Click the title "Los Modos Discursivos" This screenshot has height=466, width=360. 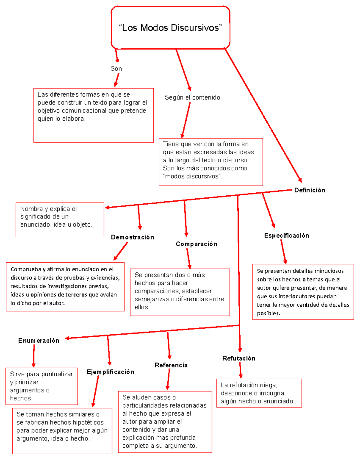(x=170, y=28)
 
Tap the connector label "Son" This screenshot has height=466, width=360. (x=116, y=69)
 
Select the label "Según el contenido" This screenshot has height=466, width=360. (x=192, y=98)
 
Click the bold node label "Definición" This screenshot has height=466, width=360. (x=310, y=190)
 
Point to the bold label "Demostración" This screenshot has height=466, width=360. (x=133, y=237)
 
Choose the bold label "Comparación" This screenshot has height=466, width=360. (x=196, y=244)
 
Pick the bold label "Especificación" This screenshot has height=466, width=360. (x=286, y=236)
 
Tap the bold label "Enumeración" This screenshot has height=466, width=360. (x=39, y=341)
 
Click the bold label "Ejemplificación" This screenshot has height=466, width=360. (x=110, y=372)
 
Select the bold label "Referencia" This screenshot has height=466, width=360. (x=171, y=365)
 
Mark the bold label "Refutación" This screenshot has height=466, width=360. (x=239, y=358)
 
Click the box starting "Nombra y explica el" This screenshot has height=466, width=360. (x=60, y=220)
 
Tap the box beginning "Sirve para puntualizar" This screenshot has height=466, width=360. (x=42, y=386)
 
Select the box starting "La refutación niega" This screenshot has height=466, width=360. (x=259, y=393)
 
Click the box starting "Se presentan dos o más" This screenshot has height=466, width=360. (x=180, y=292)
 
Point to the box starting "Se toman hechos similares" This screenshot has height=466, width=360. (x=62, y=431)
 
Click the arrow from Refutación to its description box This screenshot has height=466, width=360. (x=240, y=370)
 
